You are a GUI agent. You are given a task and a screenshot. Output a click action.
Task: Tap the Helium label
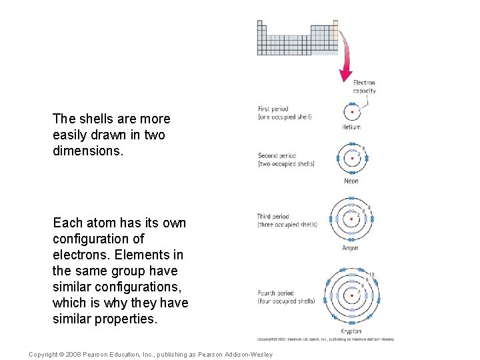[351, 127]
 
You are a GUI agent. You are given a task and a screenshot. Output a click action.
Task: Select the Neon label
[351, 181]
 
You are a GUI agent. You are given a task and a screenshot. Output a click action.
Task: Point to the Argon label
[351, 248]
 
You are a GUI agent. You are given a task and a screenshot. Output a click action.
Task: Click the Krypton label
[351, 331]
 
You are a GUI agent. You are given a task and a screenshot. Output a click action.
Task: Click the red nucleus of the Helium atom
[352, 111]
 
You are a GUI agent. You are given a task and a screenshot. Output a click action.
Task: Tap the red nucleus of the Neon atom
[352, 159]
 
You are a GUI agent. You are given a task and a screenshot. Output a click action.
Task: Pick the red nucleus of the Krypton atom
[351, 295]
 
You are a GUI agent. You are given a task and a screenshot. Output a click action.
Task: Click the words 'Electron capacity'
[364, 87]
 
